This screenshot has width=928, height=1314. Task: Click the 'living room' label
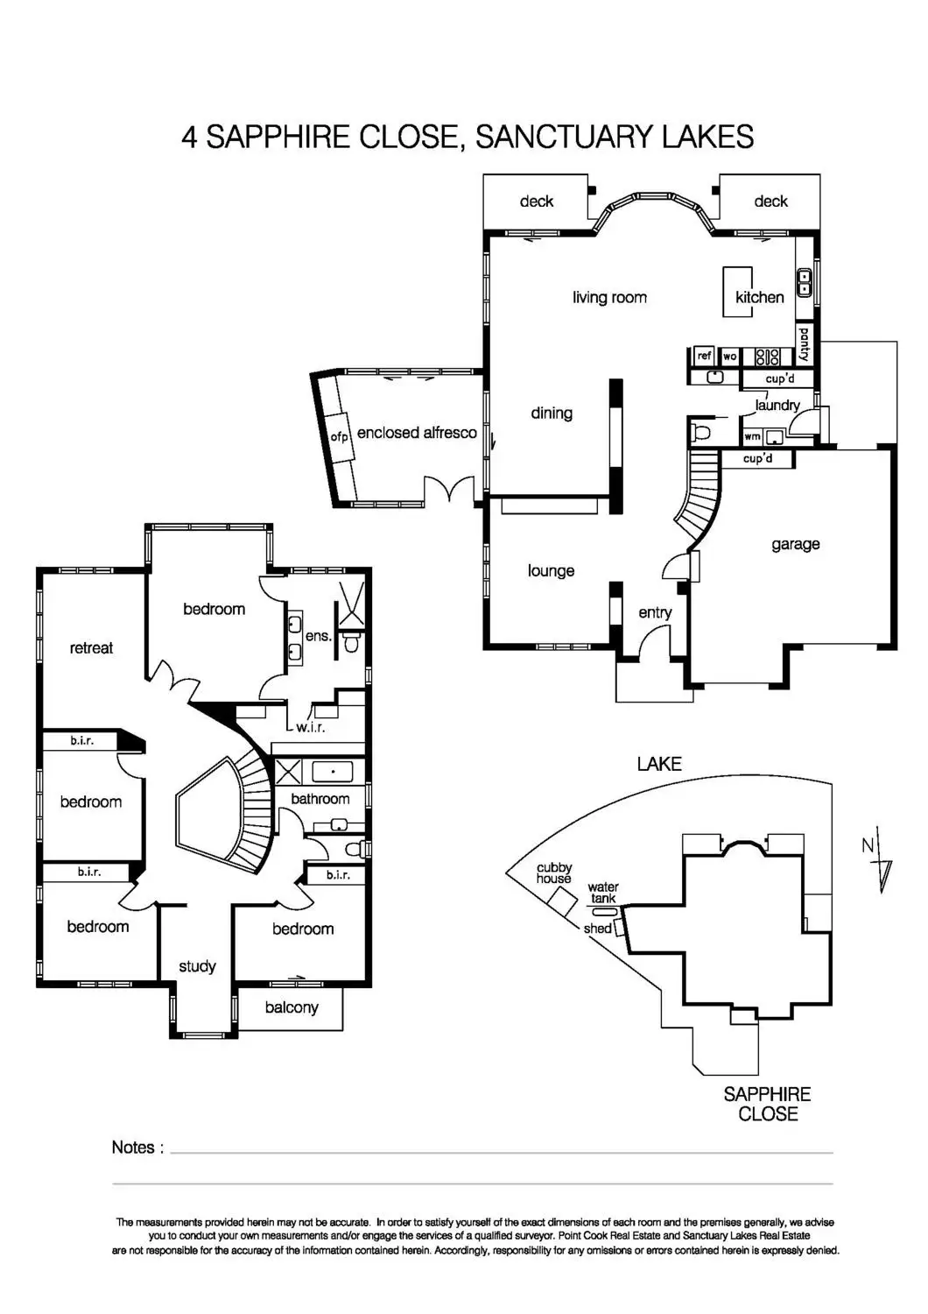pyautogui.click(x=609, y=298)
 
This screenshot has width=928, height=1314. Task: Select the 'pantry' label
pyautogui.click(x=804, y=344)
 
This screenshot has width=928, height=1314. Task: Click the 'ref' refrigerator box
pyautogui.click(x=705, y=356)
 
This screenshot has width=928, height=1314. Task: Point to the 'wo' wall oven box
pyautogui.click(x=729, y=357)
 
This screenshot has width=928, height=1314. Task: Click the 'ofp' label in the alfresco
pyautogui.click(x=340, y=436)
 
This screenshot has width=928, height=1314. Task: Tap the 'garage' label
pyautogui.click(x=795, y=544)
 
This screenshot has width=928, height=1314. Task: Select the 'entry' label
pyautogui.click(x=655, y=612)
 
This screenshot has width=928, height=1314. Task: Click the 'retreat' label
pyautogui.click(x=91, y=648)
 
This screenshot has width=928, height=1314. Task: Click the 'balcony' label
pyautogui.click(x=292, y=1007)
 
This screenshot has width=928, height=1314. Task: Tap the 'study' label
pyautogui.click(x=197, y=966)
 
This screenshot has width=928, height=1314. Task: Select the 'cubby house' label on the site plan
pyautogui.click(x=554, y=873)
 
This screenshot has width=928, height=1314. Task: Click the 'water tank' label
pyautogui.click(x=603, y=893)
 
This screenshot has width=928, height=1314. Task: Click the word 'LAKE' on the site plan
pyautogui.click(x=659, y=764)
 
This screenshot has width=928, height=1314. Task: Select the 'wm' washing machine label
pyautogui.click(x=752, y=436)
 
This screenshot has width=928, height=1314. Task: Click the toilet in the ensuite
pyautogui.click(x=352, y=645)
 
